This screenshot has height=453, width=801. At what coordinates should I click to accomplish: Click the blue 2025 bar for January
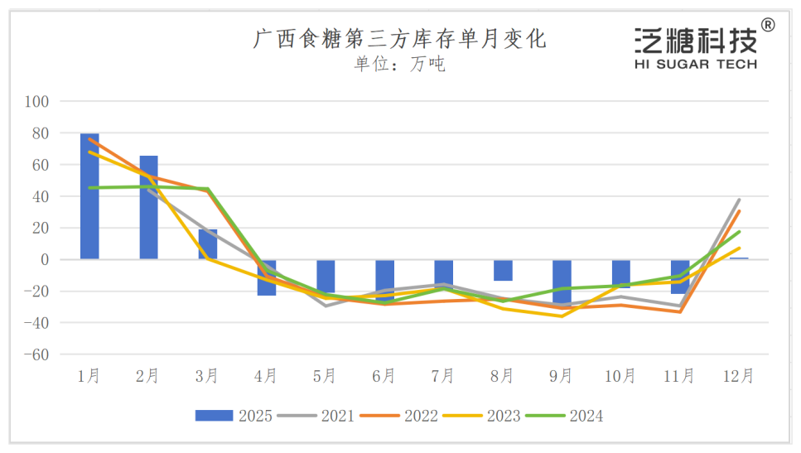[89, 196]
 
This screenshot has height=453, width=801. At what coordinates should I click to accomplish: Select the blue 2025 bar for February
[148, 207]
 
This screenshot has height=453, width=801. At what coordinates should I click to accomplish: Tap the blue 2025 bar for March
[207, 244]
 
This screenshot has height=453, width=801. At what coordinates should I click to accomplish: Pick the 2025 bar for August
[503, 270]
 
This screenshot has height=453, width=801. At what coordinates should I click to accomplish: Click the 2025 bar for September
[562, 282]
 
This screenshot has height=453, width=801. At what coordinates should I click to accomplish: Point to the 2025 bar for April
[267, 277]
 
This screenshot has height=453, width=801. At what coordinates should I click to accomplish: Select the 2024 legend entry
[565, 416]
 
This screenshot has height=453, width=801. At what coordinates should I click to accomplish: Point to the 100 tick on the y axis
[38, 102]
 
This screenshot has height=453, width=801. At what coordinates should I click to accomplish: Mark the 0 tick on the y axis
[45, 260]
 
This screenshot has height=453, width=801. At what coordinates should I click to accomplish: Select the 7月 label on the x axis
[443, 377]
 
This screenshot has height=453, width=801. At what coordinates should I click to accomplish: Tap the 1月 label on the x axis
[89, 377]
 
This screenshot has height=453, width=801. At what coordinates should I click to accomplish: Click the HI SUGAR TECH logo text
[696, 64]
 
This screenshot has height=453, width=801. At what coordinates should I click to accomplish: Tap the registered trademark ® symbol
[768, 26]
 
